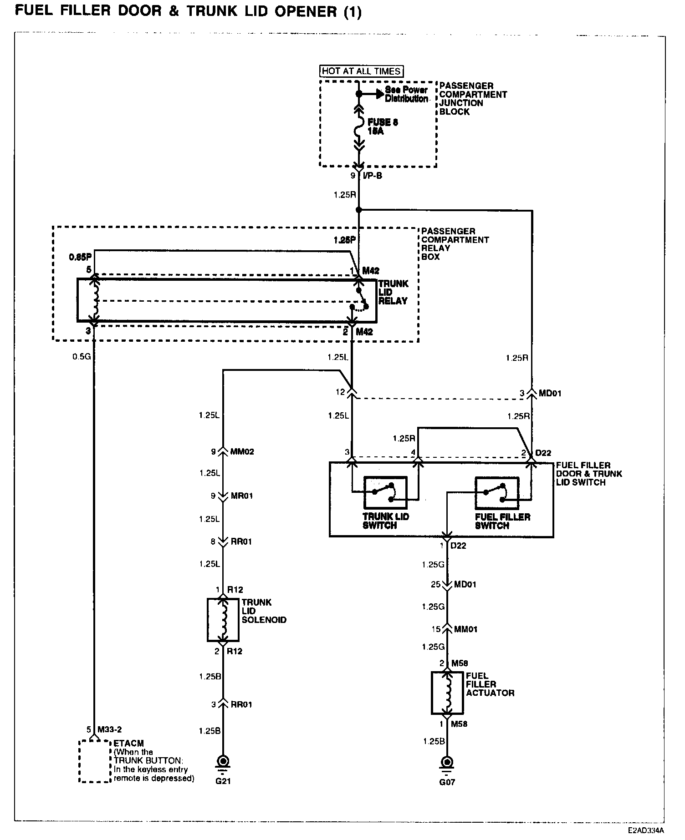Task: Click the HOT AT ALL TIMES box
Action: point(361,71)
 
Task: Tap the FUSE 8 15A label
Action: point(379,127)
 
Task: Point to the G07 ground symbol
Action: point(447,762)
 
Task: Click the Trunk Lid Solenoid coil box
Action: point(223,619)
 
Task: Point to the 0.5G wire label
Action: point(82,356)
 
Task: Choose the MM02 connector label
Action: point(242,452)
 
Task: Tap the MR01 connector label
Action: point(241,496)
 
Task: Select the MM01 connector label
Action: point(465,629)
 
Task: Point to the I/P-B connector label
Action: point(372,176)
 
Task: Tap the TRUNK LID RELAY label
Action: point(394,292)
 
